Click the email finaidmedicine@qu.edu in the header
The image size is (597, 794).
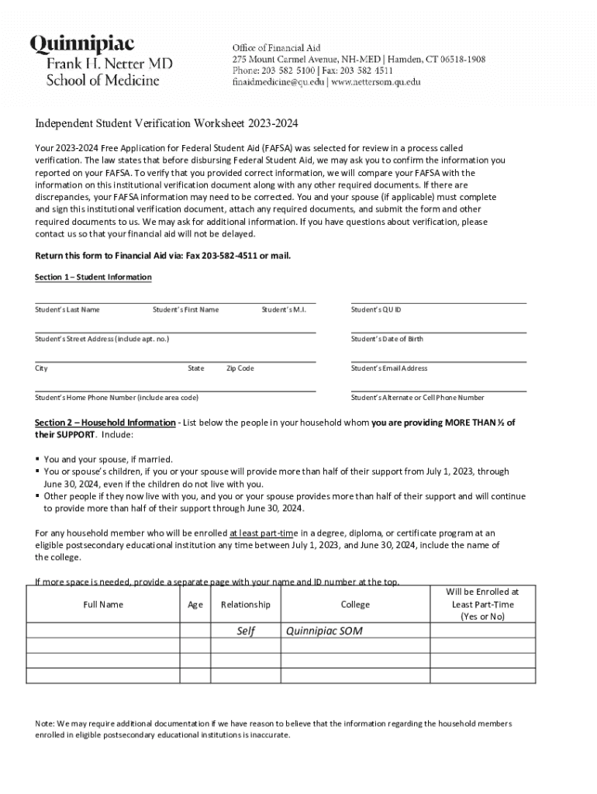tap(278, 82)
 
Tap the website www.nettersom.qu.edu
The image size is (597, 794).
tap(376, 82)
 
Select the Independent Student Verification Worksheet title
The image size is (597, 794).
tap(167, 124)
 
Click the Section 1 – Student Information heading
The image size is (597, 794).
tap(93, 278)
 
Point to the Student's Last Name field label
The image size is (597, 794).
tap(67, 310)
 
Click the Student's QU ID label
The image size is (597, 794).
tap(376, 310)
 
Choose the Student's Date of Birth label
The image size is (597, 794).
tap(387, 340)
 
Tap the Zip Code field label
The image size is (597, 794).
tap(240, 369)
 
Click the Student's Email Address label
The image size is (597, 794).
tap(389, 369)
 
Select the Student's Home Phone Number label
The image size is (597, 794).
tap(116, 398)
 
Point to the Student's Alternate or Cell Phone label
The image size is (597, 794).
tap(417, 398)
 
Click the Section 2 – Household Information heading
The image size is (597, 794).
tap(105, 423)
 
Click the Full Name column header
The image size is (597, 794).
tap(103, 605)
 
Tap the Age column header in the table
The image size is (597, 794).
tap(195, 605)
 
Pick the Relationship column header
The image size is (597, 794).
tap(246, 605)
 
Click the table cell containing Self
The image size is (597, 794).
tap(246, 631)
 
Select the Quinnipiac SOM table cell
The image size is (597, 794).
tap(324, 631)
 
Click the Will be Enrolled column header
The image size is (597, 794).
tap(482, 604)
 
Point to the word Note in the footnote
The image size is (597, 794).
tap(45, 723)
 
